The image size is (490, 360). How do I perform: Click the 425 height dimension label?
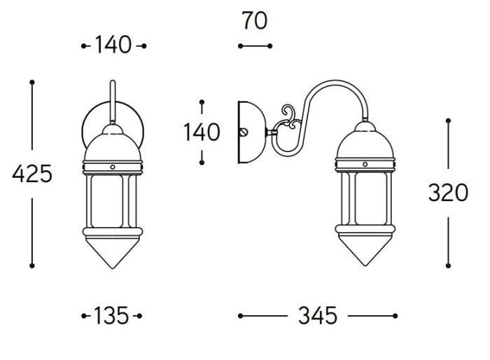pos(32,174)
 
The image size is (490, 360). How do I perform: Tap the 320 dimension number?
pos(448,193)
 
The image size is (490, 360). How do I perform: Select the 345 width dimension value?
pos(318,316)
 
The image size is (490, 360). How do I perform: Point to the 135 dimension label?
pos(111,316)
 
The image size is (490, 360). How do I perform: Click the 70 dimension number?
pos(255,20)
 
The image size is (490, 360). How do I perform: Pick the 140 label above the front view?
pos(113,45)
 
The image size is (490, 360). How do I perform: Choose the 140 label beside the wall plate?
pos(202,132)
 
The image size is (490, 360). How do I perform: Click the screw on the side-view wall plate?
pos(243,132)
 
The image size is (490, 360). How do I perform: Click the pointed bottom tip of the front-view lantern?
pos(113,268)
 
